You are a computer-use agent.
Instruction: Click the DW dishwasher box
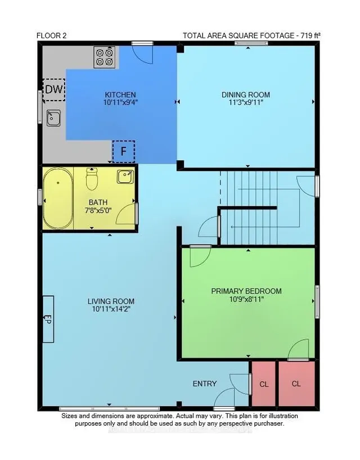click(54, 90)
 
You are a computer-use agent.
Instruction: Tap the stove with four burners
click(105, 57)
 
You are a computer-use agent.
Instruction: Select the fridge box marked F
click(124, 151)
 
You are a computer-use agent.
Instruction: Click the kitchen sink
click(53, 118)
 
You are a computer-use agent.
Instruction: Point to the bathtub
click(58, 199)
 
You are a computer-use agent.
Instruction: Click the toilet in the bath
click(92, 179)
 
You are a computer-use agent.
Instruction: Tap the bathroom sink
click(125, 177)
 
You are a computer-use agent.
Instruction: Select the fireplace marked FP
click(48, 319)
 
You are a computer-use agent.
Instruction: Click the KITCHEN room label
click(120, 95)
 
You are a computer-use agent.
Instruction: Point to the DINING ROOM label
click(246, 95)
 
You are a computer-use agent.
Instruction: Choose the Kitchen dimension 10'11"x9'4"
click(120, 102)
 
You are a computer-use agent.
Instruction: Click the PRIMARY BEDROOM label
click(246, 291)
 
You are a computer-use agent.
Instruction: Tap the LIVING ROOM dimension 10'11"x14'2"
click(111, 309)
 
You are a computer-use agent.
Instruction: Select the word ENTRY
click(205, 384)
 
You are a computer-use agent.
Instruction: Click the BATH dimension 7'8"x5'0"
click(98, 210)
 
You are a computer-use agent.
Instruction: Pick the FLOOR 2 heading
click(52, 36)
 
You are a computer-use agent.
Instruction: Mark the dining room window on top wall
click(251, 43)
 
